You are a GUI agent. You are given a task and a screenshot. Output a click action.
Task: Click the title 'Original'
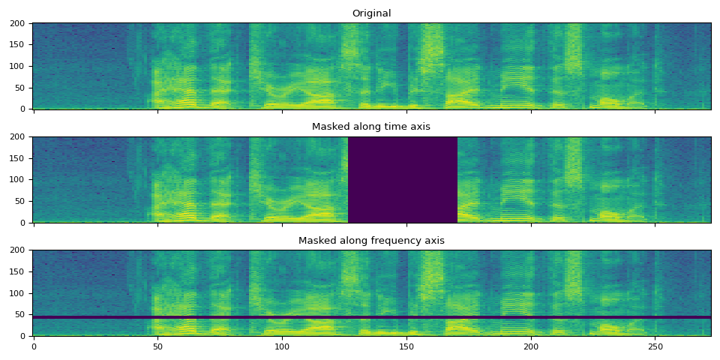(371, 13)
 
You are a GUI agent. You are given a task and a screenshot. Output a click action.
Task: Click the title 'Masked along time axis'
(371, 127)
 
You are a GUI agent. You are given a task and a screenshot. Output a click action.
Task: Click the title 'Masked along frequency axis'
(371, 241)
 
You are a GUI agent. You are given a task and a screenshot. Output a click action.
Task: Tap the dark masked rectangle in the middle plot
(403, 180)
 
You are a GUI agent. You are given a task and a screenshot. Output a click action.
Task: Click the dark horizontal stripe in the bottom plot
(371, 317)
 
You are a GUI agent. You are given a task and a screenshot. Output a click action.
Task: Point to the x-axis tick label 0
(34, 347)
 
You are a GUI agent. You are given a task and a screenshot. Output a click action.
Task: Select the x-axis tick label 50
(157, 347)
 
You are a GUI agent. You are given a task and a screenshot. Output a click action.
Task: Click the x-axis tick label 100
(282, 347)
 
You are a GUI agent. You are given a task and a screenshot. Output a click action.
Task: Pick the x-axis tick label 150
(406, 347)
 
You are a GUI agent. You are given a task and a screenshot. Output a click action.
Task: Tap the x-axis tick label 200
(531, 347)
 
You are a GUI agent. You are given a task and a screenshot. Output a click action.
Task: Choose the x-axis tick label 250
(655, 347)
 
